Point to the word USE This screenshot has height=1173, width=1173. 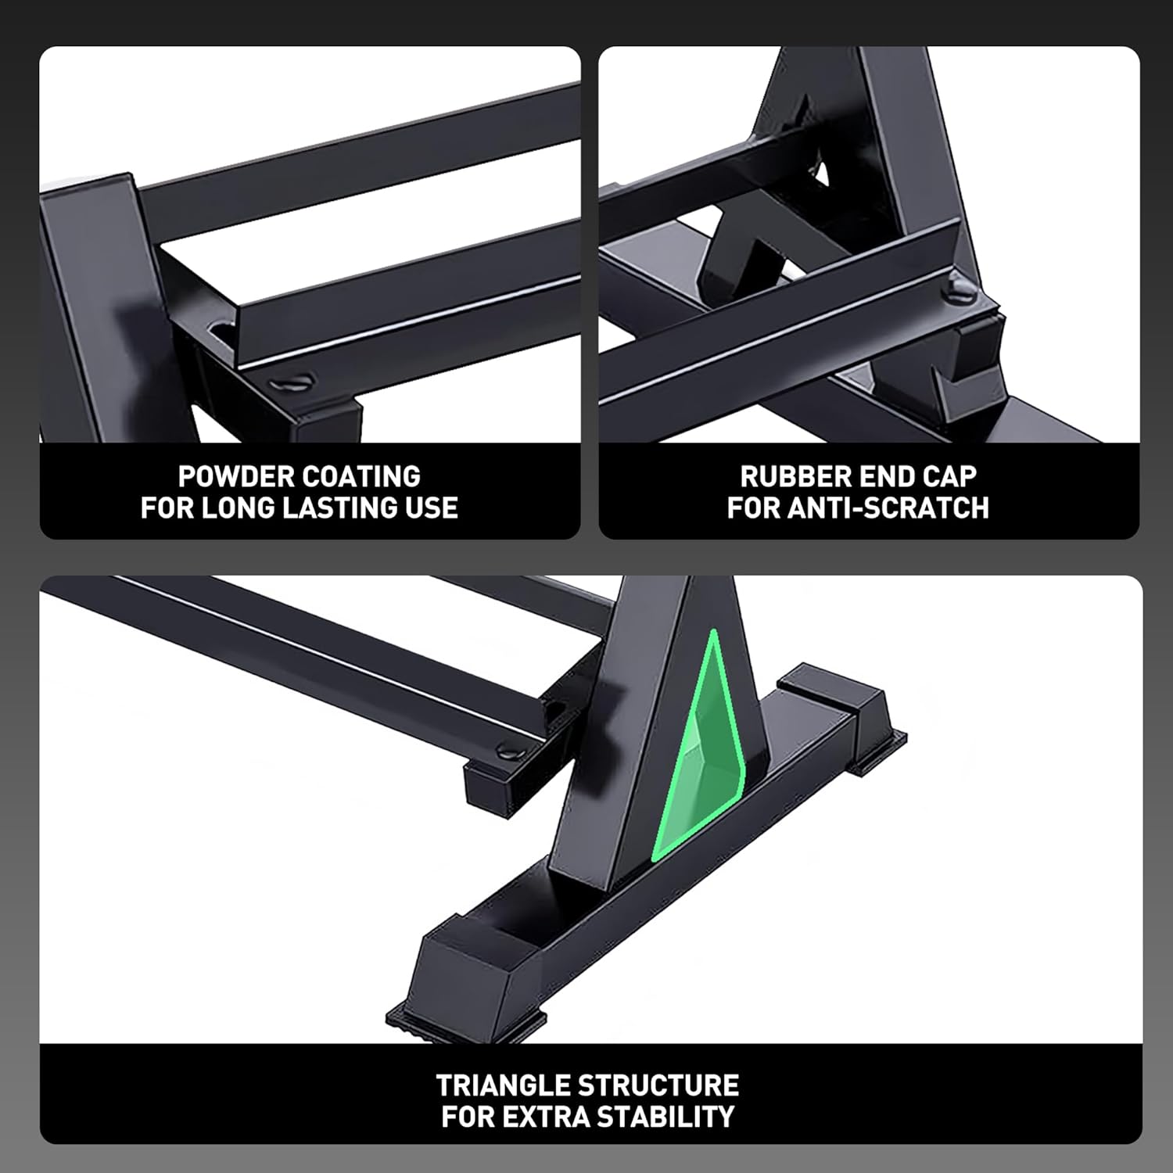pos(431,508)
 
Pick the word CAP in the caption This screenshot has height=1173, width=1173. pos(948,476)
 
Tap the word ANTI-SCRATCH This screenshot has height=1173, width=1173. pos(888,508)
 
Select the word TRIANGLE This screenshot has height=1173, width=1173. pos(504,1085)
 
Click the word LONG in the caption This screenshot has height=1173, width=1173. pos(239,508)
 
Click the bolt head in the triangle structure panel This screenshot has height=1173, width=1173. pos(508,751)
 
